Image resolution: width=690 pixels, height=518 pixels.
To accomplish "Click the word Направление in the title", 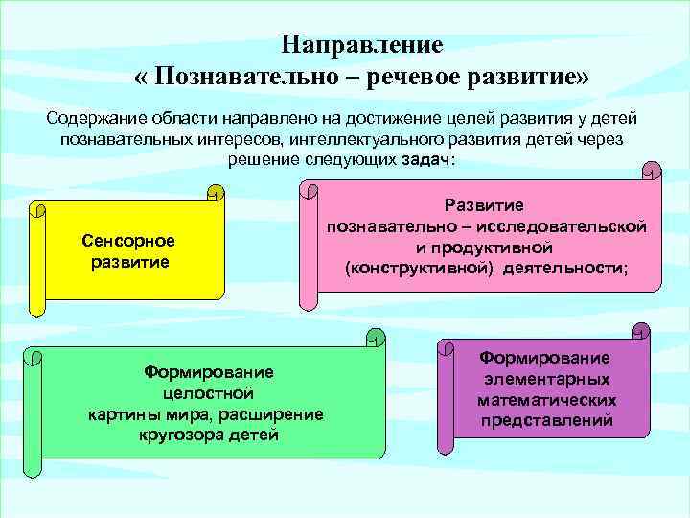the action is [361, 44].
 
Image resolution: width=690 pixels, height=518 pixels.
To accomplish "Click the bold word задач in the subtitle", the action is [425, 159].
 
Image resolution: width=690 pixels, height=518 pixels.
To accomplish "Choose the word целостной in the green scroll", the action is [208, 392].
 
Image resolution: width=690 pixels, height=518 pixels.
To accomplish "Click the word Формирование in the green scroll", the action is [208, 371].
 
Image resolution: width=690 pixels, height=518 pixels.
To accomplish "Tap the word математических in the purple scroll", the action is [546, 400].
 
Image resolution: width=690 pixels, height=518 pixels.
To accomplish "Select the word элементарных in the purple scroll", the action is [546, 379].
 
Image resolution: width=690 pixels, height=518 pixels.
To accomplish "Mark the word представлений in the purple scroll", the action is [546, 421].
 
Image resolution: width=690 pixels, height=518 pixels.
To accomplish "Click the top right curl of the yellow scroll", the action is [217, 193].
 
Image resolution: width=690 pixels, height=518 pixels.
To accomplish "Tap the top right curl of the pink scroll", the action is [651, 173].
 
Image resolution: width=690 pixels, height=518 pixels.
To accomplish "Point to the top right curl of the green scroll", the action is [377, 336].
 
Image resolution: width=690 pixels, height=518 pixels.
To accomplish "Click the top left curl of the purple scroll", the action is [445, 351].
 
